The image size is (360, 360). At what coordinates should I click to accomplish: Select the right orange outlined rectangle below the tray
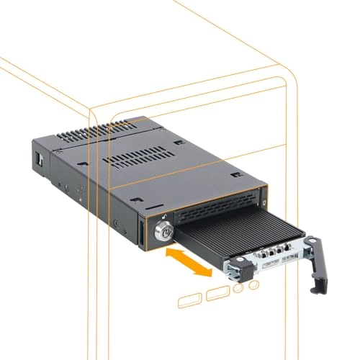217,293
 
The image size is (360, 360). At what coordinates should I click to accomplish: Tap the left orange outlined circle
239,289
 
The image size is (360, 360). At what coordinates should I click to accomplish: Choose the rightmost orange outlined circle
253,287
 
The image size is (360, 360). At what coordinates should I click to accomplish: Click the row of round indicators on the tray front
270,253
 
